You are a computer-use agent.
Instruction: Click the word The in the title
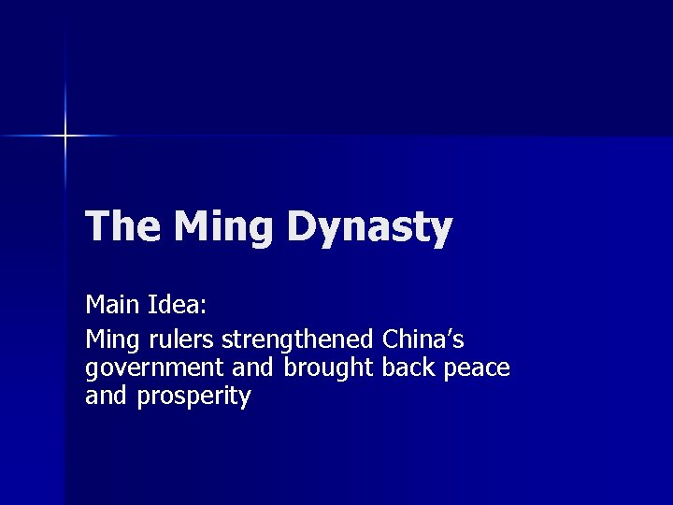[122, 227]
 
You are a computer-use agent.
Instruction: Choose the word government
[152, 368]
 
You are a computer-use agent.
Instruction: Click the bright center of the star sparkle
[65, 137]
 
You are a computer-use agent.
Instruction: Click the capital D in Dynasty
[303, 227]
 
